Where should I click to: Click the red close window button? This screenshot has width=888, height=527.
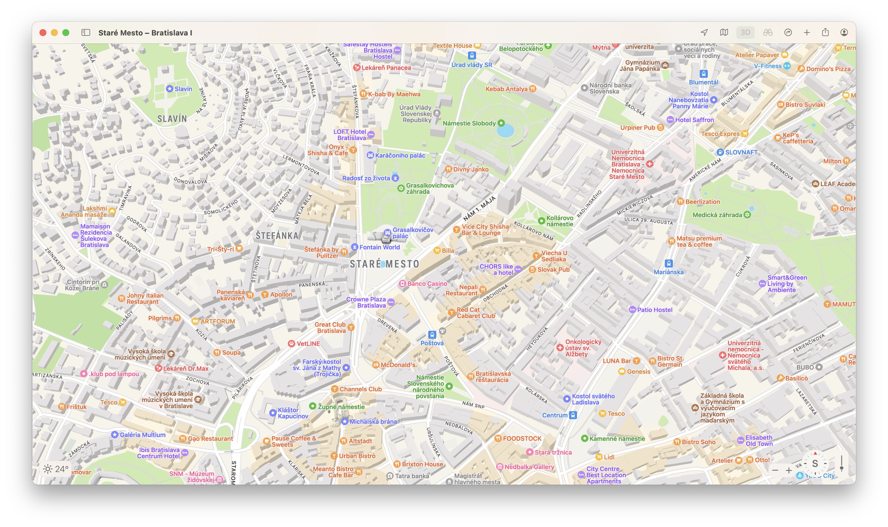pyautogui.click(x=43, y=33)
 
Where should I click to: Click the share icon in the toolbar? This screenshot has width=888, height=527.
pyautogui.click(x=825, y=32)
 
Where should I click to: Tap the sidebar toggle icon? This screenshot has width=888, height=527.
pyautogui.click(x=86, y=33)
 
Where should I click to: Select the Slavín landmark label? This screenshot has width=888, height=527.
pyautogui.click(x=183, y=89)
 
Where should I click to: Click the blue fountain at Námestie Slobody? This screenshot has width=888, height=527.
pyautogui.click(x=505, y=131)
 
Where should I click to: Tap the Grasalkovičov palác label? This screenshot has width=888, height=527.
pyautogui.click(x=412, y=233)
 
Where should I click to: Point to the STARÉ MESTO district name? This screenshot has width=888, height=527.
pyautogui.click(x=384, y=264)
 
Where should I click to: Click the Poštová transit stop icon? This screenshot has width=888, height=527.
pyautogui.click(x=432, y=335)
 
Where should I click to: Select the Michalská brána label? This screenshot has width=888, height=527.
pyautogui.click(x=373, y=421)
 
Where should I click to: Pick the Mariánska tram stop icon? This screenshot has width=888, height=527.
pyautogui.click(x=669, y=263)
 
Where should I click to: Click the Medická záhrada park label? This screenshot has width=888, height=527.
pyautogui.click(x=717, y=215)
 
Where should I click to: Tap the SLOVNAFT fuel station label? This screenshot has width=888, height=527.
pyautogui.click(x=741, y=152)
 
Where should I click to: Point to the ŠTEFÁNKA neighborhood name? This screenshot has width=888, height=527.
pyautogui.click(x=277, y=235)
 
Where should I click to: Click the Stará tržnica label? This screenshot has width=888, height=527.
pyautogui.click(x=553, y=452)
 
